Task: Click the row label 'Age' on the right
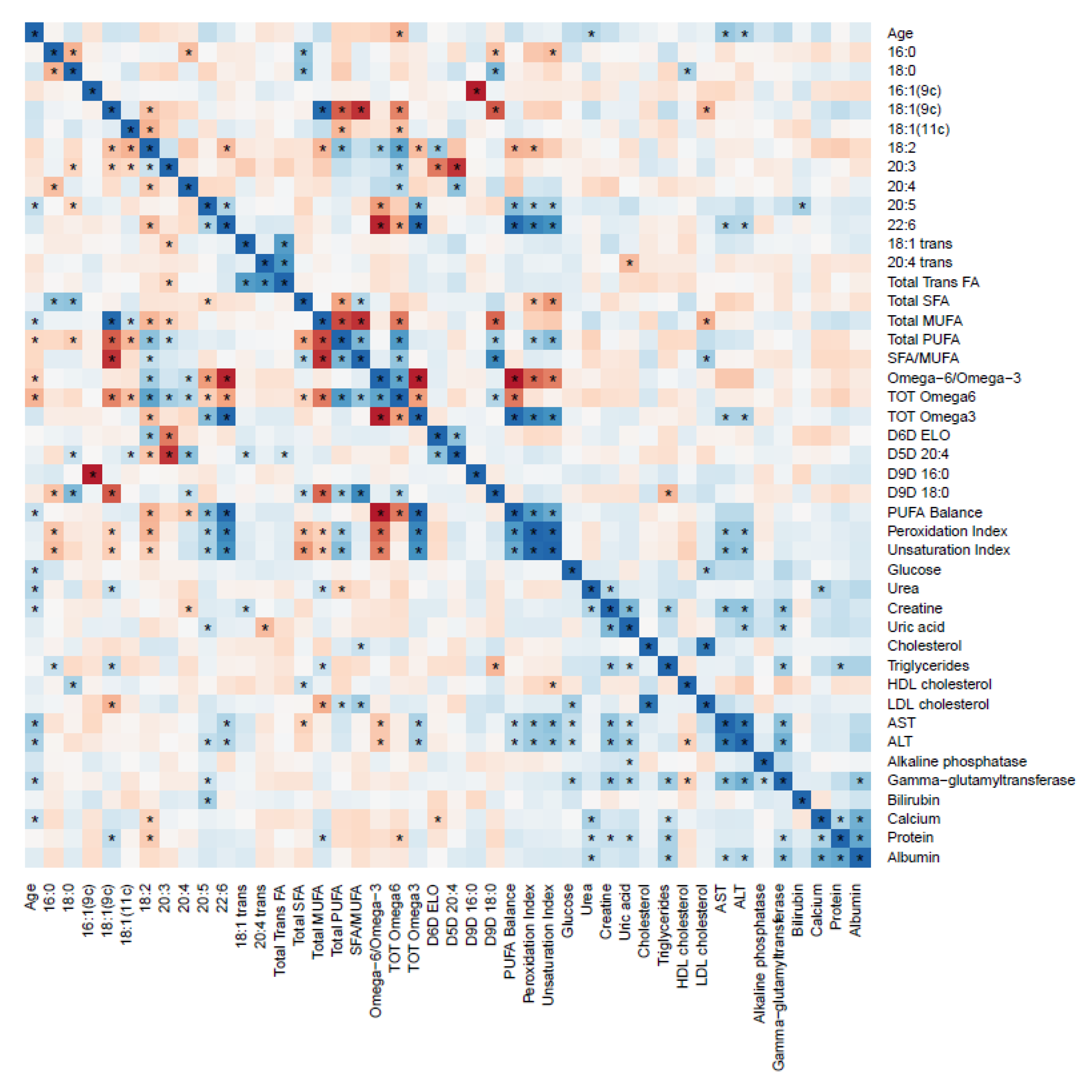pos(900,33)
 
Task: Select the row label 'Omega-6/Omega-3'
pos(954,378)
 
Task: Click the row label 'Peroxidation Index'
pos(947,531)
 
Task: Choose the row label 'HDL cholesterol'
pos(939,684)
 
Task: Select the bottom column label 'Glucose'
pos(568,910)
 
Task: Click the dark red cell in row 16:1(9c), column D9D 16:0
pos(476,91)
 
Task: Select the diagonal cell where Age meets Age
pos(34,33)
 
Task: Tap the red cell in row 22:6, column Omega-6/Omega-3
pos(380,225)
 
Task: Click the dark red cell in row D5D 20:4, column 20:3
pos(169,454)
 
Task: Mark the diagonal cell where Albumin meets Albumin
pos(860,857)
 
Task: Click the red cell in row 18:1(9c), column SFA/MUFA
pos(361,109)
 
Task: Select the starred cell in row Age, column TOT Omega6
pos(399,33)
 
